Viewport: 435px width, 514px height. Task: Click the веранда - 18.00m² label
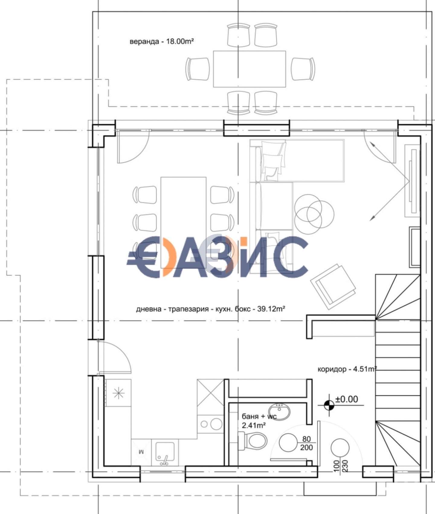click(162, 41)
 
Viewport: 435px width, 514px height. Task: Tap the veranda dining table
click(250, 69)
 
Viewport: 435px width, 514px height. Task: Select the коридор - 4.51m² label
click(347, 369)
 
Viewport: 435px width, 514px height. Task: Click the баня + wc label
click(259, 416)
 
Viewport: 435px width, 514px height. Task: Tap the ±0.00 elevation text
click(347, 399)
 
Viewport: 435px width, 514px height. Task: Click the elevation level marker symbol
click(329, 405)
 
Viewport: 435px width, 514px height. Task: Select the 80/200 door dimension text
click(307, 443)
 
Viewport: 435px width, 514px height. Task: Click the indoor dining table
click(184, 223)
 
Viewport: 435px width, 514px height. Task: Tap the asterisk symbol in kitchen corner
click(118, 393)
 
